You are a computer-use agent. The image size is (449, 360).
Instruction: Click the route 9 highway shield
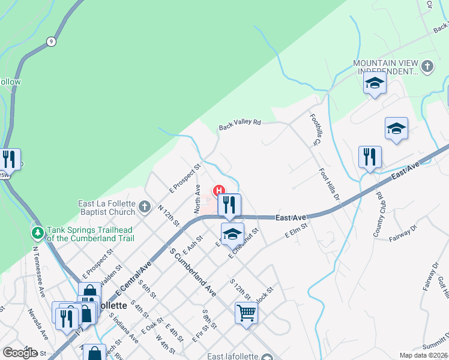click(51, 41)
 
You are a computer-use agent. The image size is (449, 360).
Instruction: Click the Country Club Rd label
click(379, 214)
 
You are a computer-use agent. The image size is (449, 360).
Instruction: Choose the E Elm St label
click(296, 231)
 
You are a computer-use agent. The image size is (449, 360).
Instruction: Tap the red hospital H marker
click(219, 190)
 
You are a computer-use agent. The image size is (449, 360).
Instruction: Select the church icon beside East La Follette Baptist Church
click(144, 208)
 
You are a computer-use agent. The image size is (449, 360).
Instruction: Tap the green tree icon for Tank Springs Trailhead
click(38, 232)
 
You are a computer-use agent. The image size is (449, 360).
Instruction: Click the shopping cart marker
click(246, 312)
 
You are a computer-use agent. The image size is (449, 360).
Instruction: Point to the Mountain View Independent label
click(384, 67)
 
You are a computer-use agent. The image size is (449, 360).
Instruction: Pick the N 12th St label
click(169, 215)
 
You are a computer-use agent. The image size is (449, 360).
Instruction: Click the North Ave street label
click(197, 199)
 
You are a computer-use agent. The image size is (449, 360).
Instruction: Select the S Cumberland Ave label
click(193, 272)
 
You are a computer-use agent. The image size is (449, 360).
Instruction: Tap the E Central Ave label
click(131, 279)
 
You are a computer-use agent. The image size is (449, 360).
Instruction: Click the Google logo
click(20, 353)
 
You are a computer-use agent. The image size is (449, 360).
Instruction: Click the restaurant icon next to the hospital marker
click(229, 205)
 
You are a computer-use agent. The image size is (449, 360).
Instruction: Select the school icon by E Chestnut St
click(232, 234)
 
